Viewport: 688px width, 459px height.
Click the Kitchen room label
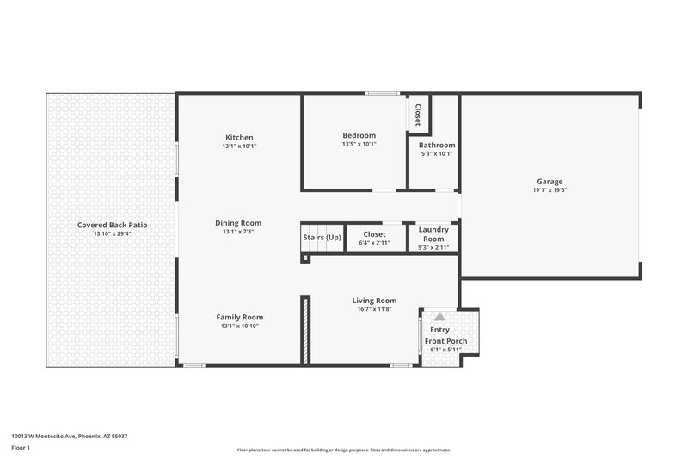(239, 138)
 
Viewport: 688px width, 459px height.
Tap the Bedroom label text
(359, 135)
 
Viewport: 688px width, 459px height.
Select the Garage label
(550, 182)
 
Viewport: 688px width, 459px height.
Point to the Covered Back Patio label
(112, 225)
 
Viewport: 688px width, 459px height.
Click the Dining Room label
(238, 223)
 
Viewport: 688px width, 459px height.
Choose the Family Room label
(239, 317)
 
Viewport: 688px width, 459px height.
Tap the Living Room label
(374, 301)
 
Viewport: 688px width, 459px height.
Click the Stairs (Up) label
(322, 237)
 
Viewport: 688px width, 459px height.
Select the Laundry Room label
(433, 233)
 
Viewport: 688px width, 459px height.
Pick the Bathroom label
(438, 146)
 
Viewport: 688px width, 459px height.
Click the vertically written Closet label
(418, 115)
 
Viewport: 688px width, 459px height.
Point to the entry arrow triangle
(440, 317)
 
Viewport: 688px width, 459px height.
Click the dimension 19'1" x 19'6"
(550, 191)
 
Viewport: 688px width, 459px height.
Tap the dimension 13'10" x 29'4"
(112, 233)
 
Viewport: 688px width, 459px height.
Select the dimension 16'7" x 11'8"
(374, 309)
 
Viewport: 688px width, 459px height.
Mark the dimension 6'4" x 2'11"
(374, 243)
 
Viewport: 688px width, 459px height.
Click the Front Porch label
(445, 341)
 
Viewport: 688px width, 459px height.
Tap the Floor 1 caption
(21, 449)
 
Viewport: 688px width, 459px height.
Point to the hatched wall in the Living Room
(304, 329)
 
